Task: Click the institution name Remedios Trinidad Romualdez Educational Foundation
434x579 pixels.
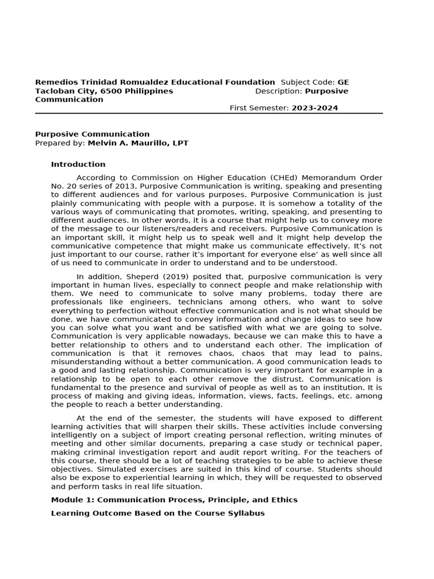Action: tap(155, 83)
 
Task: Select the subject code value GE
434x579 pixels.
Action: tap(343, 83)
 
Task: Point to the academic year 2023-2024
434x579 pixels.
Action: tap(315, 108)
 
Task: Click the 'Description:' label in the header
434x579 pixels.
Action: tap(279, 91)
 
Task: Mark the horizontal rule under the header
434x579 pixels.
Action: tap(209, 113)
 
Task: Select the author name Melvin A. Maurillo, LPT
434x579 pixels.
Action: tap(137, 143)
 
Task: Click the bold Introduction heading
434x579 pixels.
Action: tap(78, 165)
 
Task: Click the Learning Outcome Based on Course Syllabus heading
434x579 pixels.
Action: tap(158, 513)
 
